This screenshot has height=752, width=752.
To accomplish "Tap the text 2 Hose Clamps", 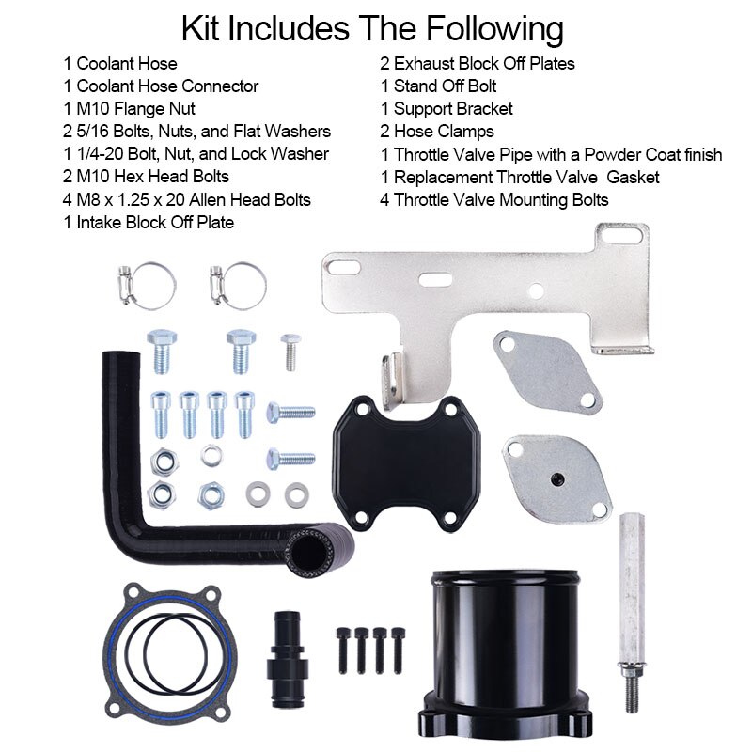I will pos(437,132).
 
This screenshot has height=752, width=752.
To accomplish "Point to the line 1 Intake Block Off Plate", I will pos(149,222).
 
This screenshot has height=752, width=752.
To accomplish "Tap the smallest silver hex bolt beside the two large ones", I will pos(290,352).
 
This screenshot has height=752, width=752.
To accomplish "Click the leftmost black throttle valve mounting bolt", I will pos(343,649).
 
